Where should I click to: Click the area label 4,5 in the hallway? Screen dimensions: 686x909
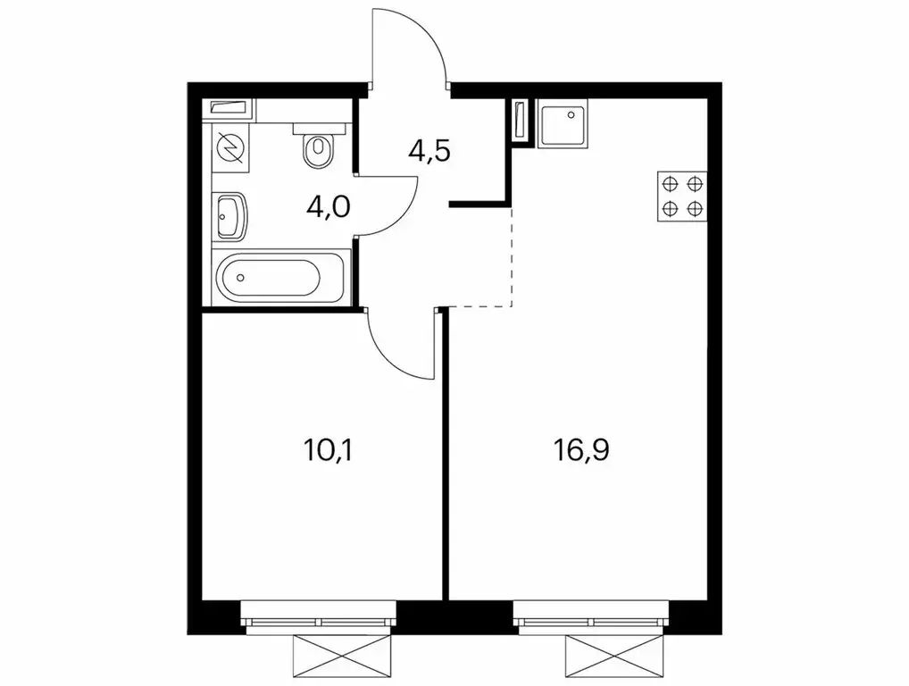click(429, 149)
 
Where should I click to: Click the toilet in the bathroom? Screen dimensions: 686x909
click(316, 149)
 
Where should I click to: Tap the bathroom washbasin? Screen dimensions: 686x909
click(229, 217)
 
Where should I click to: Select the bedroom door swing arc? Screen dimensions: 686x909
click(400, 344)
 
